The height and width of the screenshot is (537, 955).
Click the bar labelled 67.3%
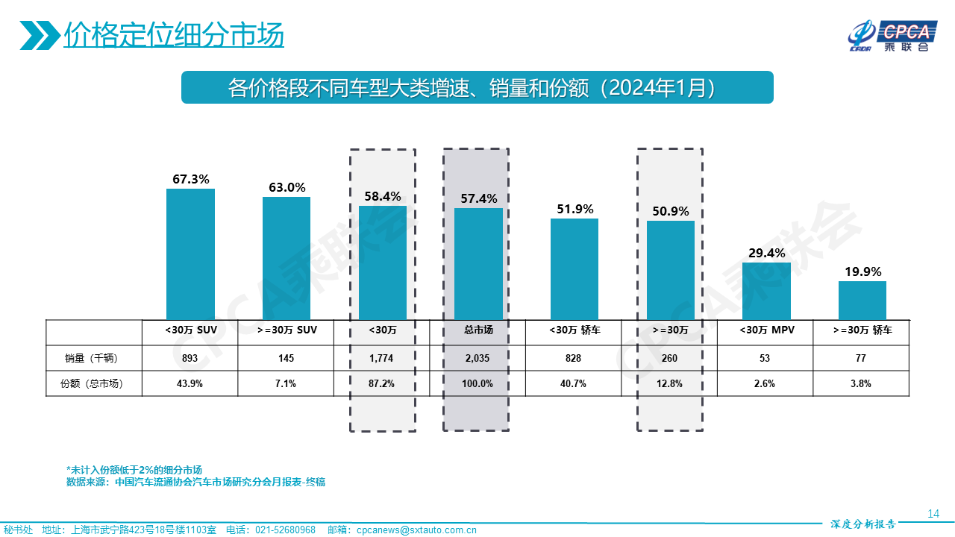pos(190,254)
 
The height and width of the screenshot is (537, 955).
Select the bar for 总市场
pos(478,264)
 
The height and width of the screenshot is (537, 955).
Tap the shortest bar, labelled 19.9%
pos(862,301)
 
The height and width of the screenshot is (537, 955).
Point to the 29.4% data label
pos(767,253)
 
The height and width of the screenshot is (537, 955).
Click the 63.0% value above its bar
pos(287,187)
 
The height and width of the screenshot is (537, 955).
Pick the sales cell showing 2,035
pos(477,359)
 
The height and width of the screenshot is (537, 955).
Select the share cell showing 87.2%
pos(383,383)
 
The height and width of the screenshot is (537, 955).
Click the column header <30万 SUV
pos(190,330)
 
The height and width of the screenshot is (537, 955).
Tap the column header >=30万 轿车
pos(862,330)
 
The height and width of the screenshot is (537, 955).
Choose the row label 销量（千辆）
pos(92,359)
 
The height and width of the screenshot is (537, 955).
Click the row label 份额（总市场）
pos(92,383)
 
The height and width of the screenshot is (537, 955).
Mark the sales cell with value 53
pos(765,359)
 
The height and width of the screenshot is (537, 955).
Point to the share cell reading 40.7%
pos(573,383)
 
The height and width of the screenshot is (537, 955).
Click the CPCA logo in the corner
pos(891,36)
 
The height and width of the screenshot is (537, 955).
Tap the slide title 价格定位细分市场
pos(174,34)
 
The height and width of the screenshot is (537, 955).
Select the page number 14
pos(933,513)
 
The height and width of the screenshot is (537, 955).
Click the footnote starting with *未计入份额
pos(134,470)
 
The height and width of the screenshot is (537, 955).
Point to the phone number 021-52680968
pos(286,530)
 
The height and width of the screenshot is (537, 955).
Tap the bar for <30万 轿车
pos(574,269)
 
